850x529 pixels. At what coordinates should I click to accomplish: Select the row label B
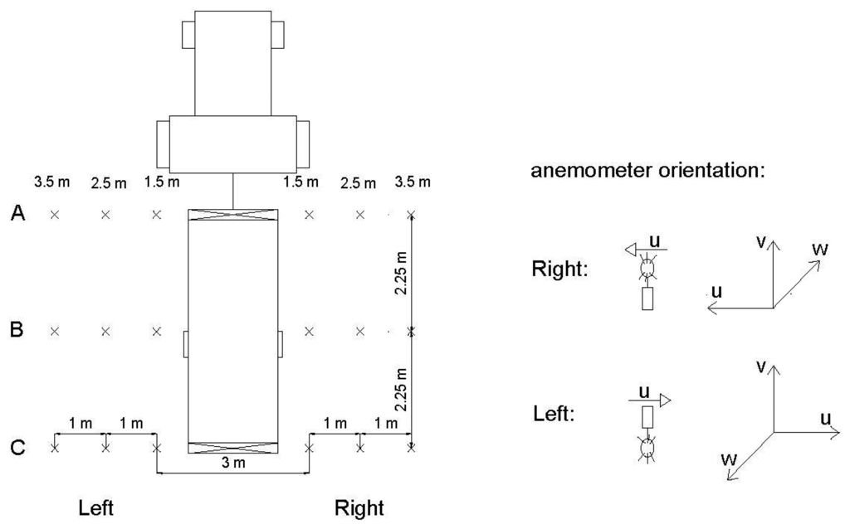(x=17, y=331)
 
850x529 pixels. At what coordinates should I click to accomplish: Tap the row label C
(x=17, y=448)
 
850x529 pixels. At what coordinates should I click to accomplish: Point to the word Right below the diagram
(x=359, y=507)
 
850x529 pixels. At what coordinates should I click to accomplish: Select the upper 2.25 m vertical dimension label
(x=400, y=274)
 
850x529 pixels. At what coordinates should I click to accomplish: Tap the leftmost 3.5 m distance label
(x=51, y=180)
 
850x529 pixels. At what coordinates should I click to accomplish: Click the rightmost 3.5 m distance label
(x=413, y=182)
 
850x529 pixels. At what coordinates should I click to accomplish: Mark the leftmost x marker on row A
(x=54, y=215)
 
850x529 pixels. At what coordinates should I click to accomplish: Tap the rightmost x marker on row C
(x=411, y=448)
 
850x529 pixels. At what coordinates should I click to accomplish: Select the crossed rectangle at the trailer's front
(x=233, y=215)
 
